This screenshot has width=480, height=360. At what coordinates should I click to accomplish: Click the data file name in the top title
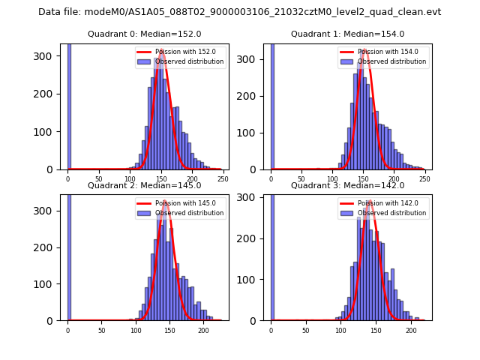click(239, 12)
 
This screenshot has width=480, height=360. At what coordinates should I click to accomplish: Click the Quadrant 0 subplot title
click(144, 34)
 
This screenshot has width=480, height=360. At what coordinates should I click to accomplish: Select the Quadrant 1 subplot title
click(347, 34)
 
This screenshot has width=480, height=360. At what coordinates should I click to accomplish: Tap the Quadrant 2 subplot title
click(144, 185)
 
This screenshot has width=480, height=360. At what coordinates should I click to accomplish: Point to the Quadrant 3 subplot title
click(347, 185)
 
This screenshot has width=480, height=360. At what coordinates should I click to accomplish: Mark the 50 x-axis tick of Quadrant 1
click(301, 179)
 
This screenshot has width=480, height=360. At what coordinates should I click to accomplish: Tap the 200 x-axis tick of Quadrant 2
click(203, 330)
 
